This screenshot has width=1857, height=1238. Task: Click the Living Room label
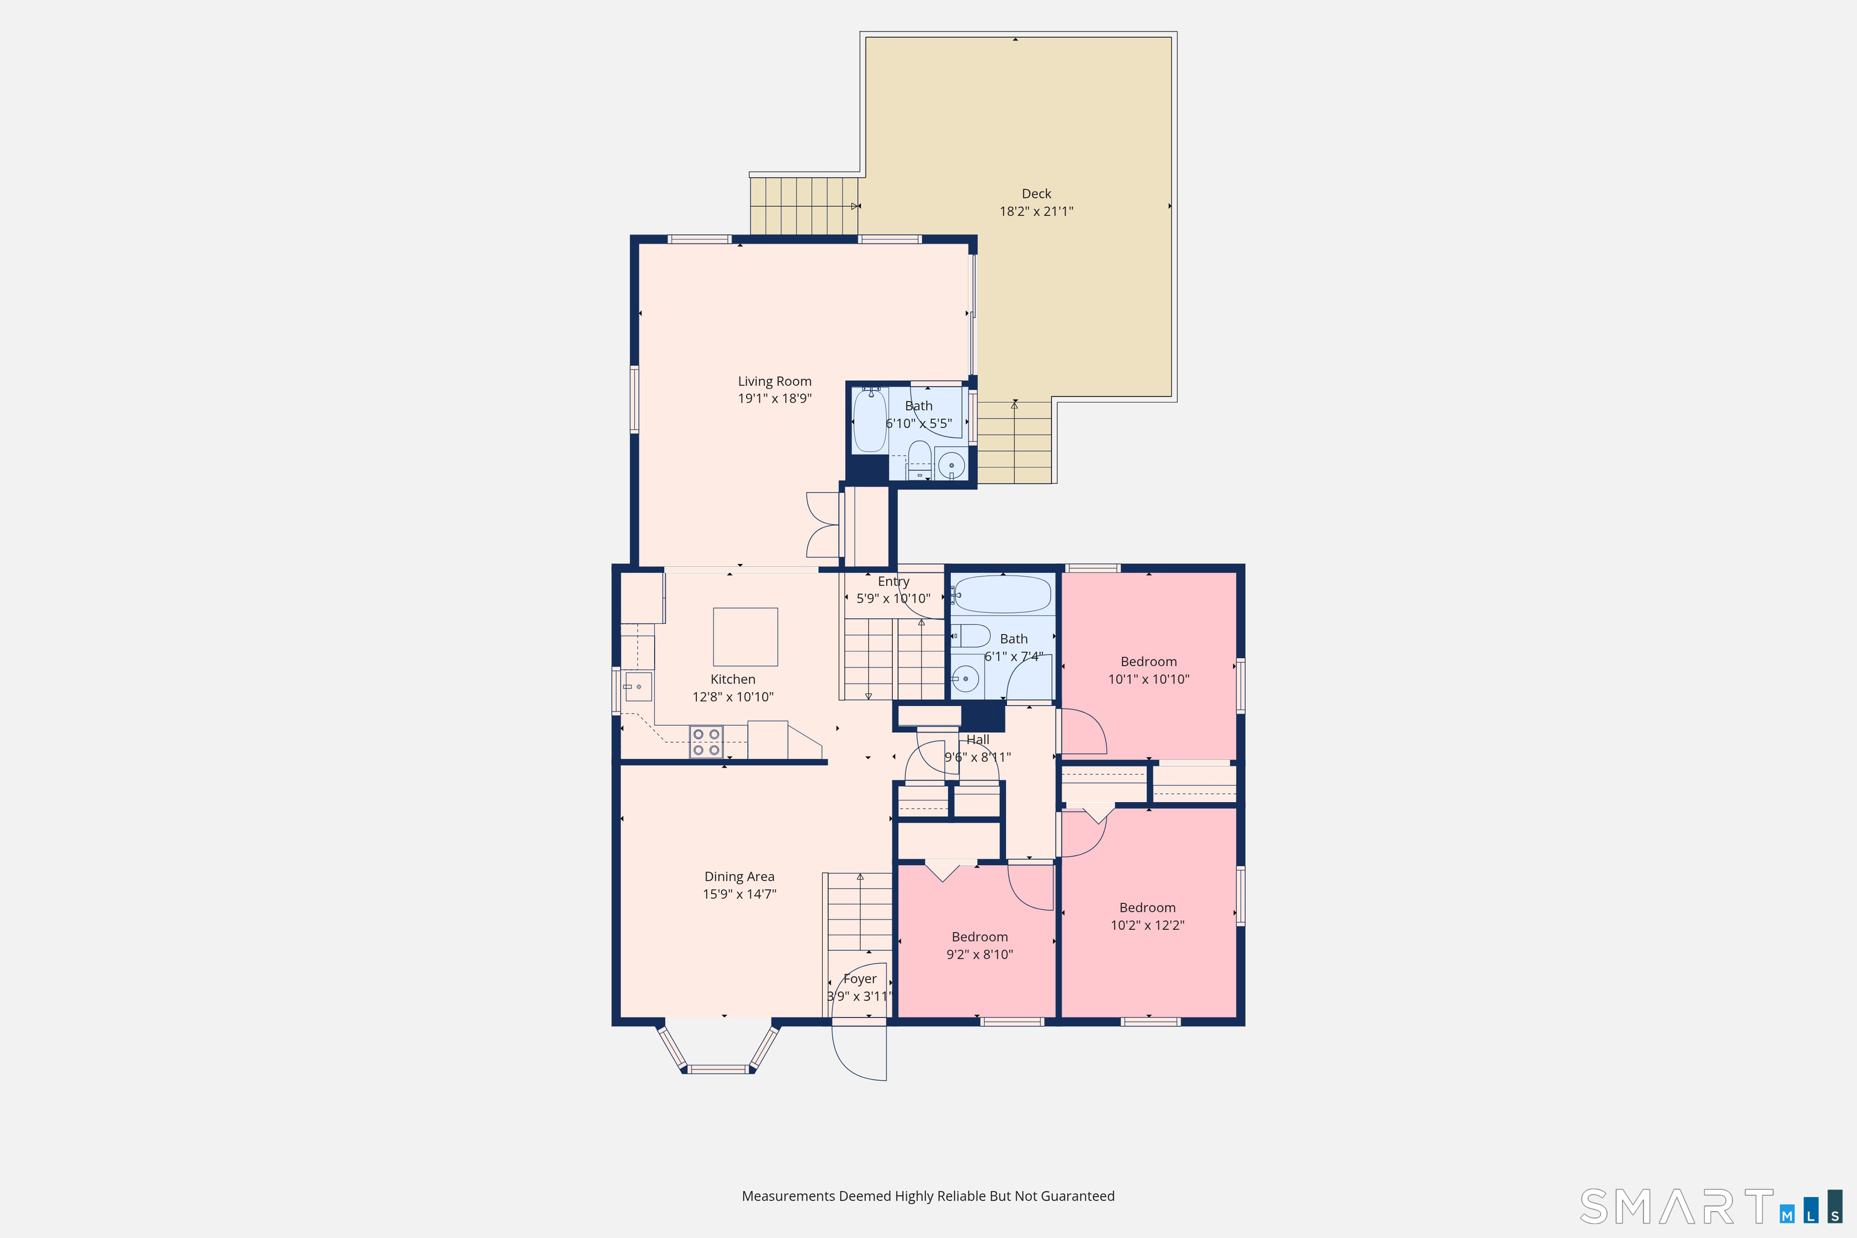(774, 381)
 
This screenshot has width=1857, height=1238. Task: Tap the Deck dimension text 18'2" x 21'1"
(1037, 212)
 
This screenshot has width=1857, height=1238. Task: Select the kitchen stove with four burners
(706, 742)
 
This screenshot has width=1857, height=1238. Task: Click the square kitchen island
(745, 637)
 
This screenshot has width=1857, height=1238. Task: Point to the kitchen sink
(638, 687)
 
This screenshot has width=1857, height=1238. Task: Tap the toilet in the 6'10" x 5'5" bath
(919, 459)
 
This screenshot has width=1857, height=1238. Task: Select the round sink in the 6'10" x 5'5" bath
(951, 465)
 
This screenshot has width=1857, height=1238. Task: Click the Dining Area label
(740, 877)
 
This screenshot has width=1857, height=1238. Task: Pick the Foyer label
(860, 979)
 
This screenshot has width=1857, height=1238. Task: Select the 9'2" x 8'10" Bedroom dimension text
(980, 954)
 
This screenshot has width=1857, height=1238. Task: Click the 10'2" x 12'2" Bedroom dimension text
(1148, 925)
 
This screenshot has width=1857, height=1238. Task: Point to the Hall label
(978, 740)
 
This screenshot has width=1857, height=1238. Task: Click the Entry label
(894, 581)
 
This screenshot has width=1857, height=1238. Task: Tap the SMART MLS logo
(1711, 1207)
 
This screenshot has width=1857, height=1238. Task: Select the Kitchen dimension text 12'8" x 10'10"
(733, 697)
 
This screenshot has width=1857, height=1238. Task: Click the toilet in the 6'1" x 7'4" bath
(970, 635)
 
